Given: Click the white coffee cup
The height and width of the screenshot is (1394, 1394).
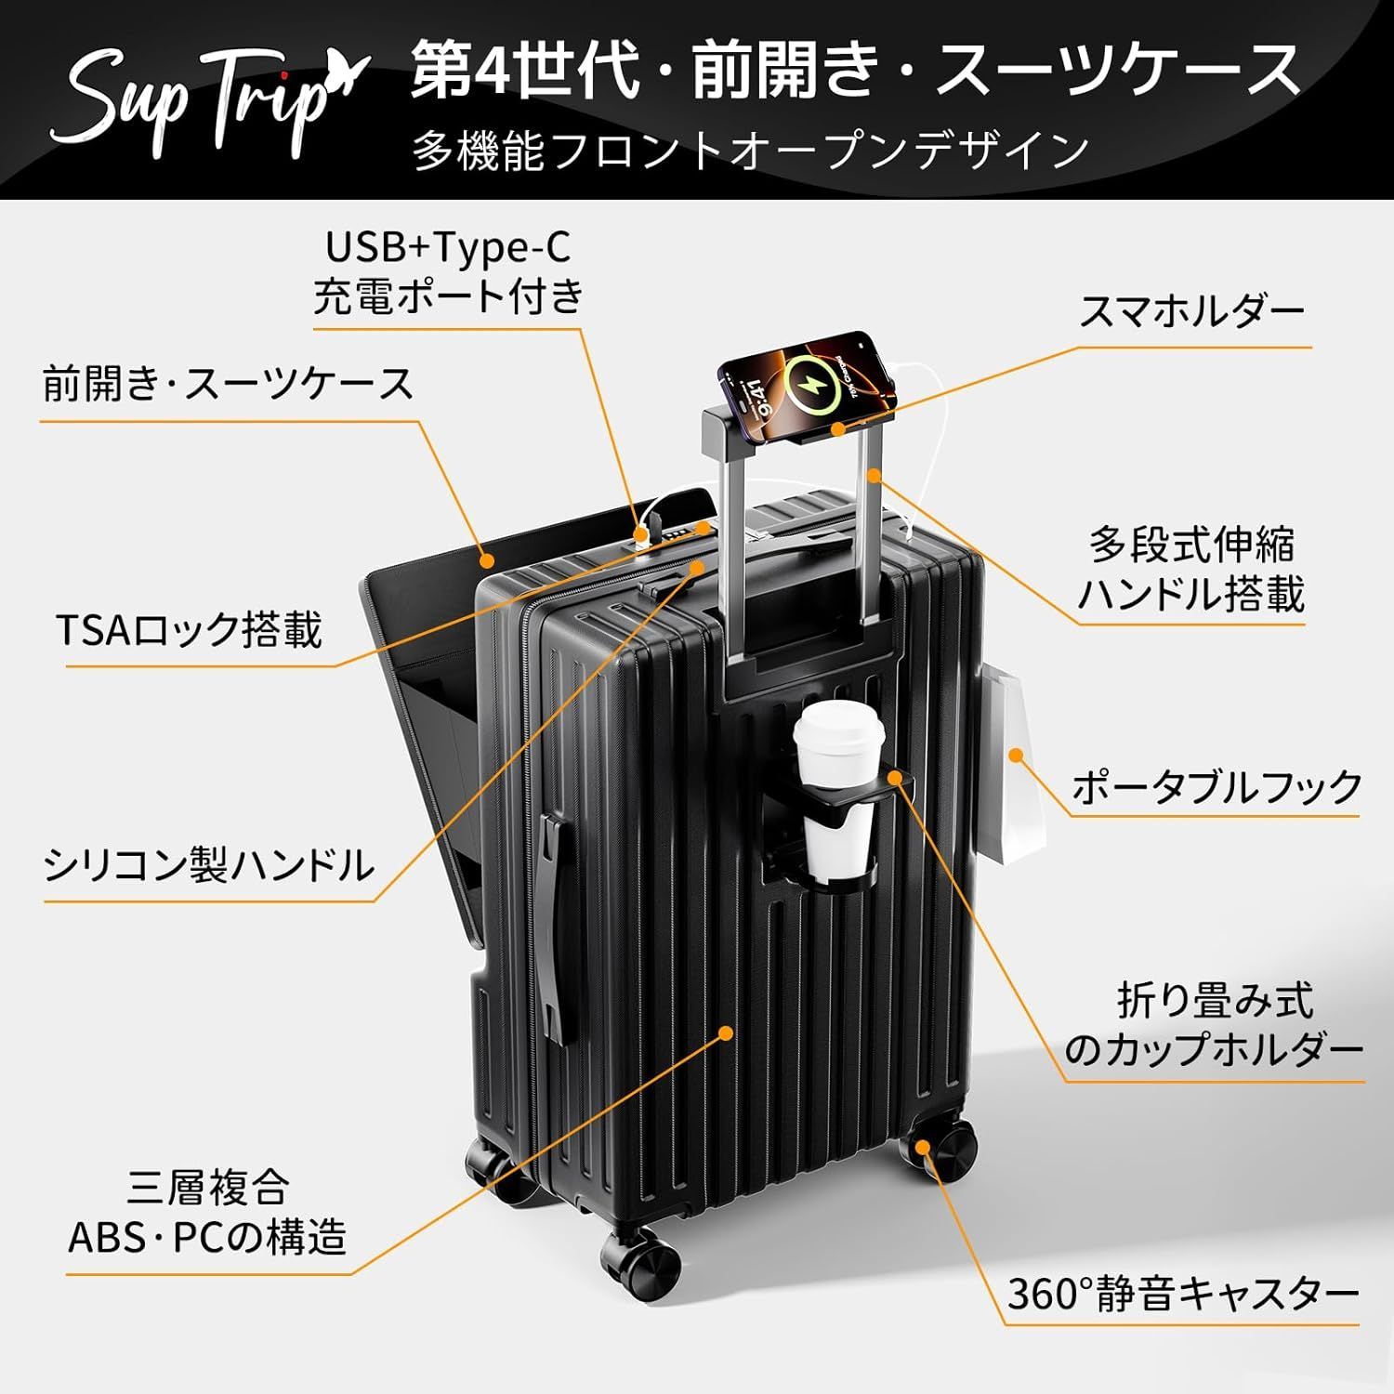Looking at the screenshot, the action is click(x=834, y=790).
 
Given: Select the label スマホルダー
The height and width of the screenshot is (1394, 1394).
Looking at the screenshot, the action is click(x=1192, y=312).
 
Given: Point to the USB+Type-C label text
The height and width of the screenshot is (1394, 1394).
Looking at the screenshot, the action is click(x=448, y=247).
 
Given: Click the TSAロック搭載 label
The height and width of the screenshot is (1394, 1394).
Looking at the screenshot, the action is click(x=189, y=631).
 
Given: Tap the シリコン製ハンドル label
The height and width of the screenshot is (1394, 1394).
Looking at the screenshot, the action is click(x=208, y=865).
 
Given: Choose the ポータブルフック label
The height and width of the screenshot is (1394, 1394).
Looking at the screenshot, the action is click(x=1216, y=786).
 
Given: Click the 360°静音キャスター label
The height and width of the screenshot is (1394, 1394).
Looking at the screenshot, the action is click(x=1183, y=1293).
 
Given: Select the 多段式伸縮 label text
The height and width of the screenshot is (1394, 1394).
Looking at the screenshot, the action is click(x=1191, y=546).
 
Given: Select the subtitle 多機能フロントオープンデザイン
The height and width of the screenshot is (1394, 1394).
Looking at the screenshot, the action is click(x=751, y=151).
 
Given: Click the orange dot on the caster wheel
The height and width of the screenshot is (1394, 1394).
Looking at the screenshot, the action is click(x=922, y=1146).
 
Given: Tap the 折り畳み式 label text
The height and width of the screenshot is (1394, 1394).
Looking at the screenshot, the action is click(x=1216, y=1000).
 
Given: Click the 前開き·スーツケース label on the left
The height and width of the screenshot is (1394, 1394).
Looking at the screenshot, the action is click(x=228, y=383).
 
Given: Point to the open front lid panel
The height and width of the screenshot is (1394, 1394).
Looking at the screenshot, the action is click(x=437, y=706).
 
